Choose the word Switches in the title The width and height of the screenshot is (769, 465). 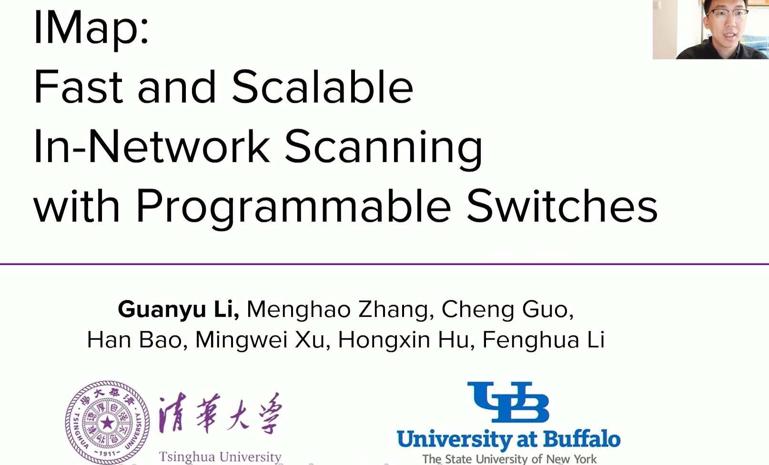click(562, 205)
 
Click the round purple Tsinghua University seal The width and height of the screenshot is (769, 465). click(107, 423)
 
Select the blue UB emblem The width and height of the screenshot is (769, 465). click(508, 402)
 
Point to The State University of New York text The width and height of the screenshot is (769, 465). click(509, 459)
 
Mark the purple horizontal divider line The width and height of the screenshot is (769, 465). click(384, 264)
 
